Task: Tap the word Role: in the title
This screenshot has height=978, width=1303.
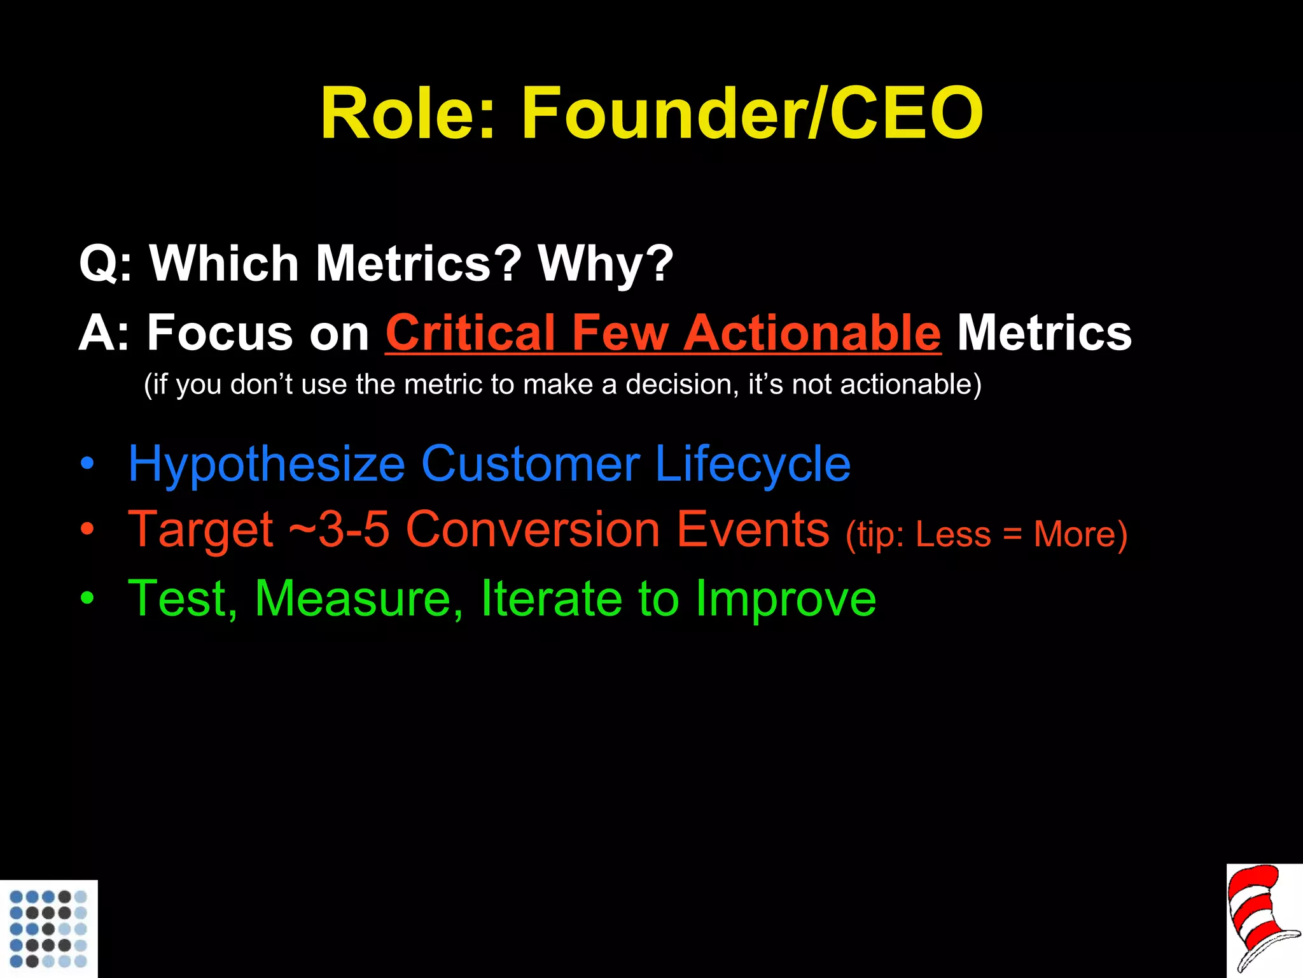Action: (x=408, y=115)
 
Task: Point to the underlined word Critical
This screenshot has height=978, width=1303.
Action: (x=470, y=333)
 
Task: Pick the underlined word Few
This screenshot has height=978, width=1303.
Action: (x=620, y=333)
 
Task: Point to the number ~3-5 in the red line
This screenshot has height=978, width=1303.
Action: (x=338, y=530)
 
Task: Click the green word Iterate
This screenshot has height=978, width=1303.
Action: (x=551, y=599)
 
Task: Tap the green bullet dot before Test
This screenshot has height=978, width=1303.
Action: (x=87, y=599)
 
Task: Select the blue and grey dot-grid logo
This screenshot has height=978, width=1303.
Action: (x=48, y=928)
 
